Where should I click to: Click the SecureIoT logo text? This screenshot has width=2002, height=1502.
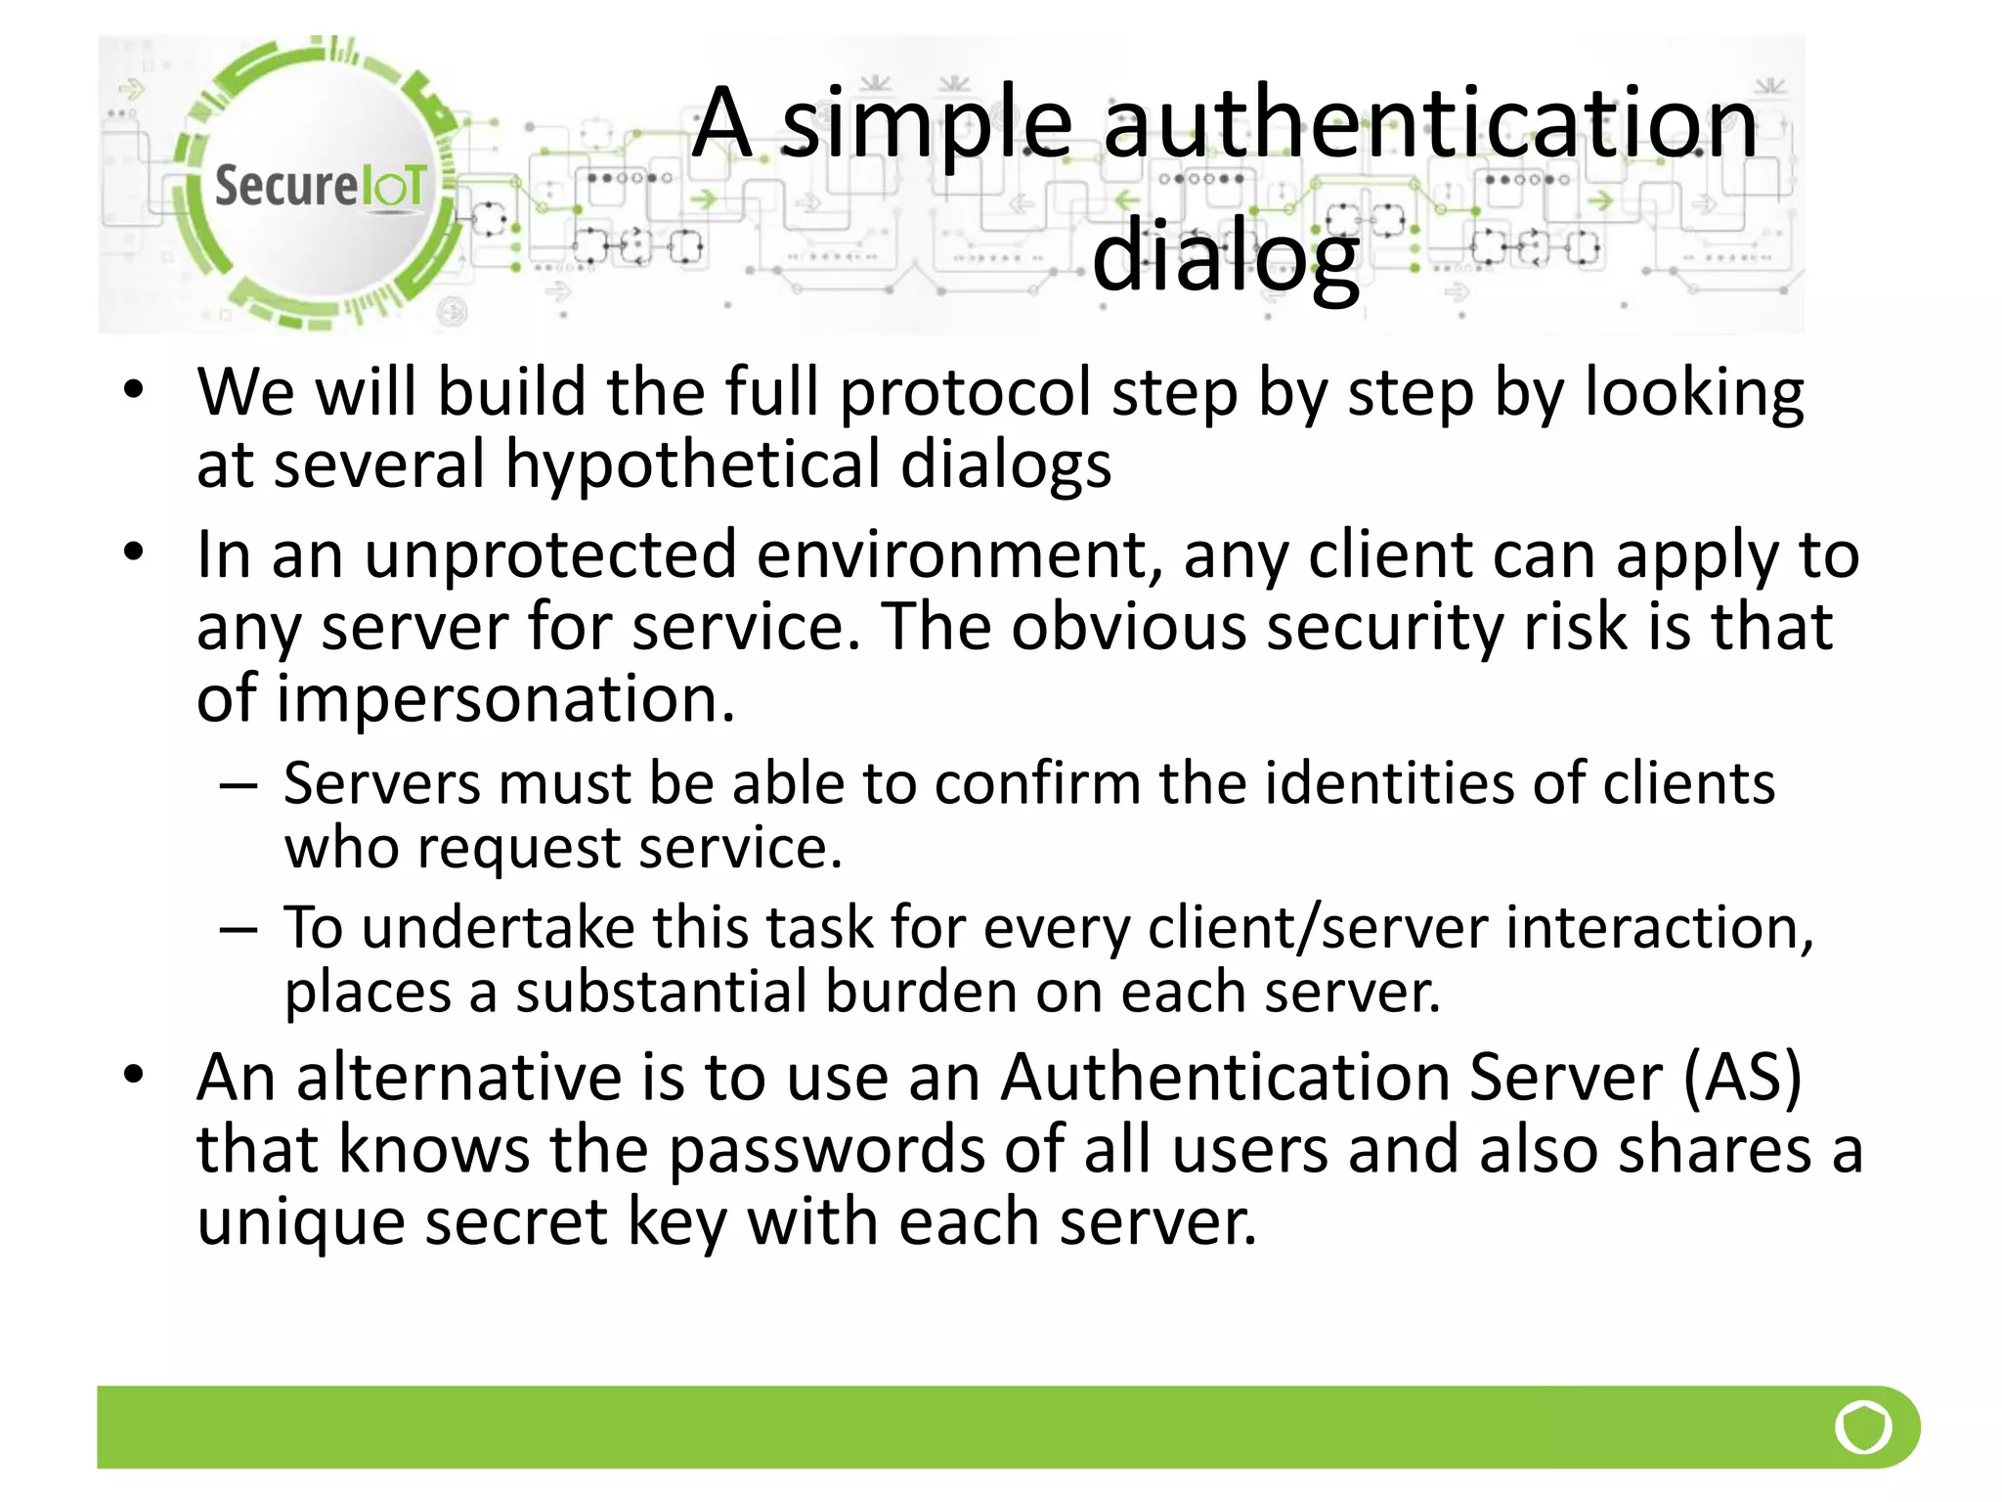[320, 186]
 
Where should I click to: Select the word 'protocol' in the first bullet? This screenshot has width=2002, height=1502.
[965, 393]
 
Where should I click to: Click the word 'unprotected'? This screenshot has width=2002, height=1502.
[549, 554]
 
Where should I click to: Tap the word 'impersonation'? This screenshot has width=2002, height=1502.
[504, 699]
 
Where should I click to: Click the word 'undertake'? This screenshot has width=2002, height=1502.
[498, 927]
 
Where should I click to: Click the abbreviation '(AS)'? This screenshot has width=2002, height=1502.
[1742, 1078]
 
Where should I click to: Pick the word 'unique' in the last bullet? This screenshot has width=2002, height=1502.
[300, 1222]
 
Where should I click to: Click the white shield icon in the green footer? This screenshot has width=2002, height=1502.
[1863, 1428]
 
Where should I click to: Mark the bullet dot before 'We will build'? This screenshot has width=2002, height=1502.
[134, 390]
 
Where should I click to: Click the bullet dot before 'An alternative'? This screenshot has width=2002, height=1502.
[134, 1075]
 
